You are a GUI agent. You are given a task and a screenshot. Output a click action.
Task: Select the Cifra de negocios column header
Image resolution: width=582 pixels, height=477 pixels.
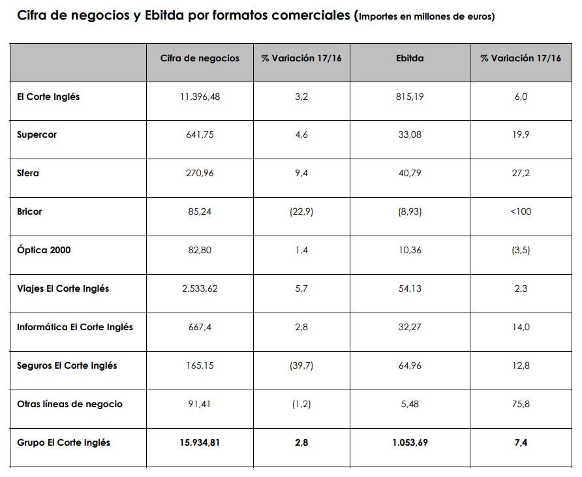point(200,59)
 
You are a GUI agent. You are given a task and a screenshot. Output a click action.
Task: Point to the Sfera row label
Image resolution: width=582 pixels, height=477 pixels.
point(28,174)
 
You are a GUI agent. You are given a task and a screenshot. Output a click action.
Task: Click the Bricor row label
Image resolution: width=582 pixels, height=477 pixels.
point(29,212)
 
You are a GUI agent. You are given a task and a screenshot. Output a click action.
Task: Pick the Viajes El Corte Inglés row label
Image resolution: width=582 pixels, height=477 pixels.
point(63,288)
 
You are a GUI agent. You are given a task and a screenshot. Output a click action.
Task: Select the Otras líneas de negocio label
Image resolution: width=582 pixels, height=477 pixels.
point(70,404)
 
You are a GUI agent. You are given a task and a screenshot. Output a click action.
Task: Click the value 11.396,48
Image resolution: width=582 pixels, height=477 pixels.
point(200,97)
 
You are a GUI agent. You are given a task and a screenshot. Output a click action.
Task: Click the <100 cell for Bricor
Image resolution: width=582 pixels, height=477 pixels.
point(521,212)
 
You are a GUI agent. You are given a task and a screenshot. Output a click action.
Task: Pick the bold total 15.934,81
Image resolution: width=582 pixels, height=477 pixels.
point(200,442)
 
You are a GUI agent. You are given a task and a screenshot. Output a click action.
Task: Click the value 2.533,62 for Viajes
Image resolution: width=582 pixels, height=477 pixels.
point(200,288)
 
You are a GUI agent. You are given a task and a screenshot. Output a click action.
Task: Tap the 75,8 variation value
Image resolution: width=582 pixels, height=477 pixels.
point(521,404)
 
